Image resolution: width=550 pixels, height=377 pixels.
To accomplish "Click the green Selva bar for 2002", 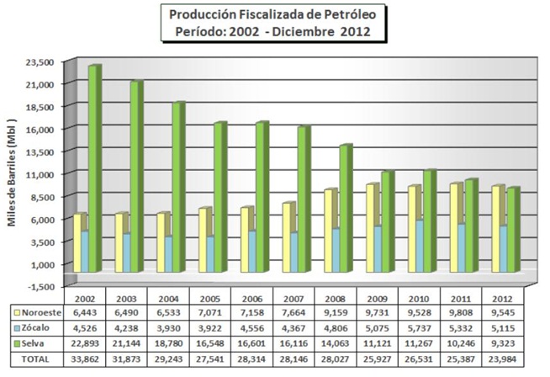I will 93,168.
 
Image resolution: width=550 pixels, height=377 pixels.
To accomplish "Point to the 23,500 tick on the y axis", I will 40,62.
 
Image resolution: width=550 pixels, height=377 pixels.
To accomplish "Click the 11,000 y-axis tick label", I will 40,174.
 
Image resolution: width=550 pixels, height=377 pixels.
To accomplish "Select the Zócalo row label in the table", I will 32,327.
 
